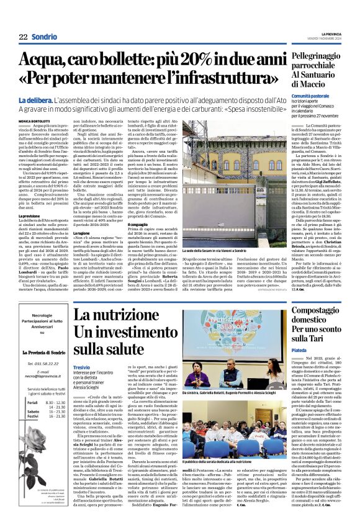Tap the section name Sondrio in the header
[44, 37]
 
